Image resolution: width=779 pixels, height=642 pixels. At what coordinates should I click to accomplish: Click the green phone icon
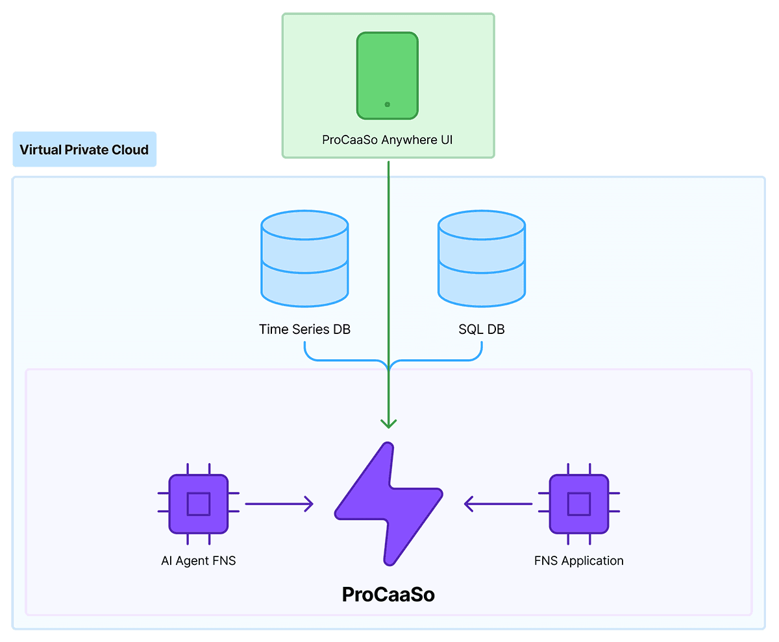(387, 75)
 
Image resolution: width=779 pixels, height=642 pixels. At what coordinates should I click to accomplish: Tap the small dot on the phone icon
(387, 104)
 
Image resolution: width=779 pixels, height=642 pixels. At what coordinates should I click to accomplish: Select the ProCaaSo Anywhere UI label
(388, 139)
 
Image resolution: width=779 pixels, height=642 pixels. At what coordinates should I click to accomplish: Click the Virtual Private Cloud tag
(84, 150)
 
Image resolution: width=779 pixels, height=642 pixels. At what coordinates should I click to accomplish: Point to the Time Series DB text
(304, 329)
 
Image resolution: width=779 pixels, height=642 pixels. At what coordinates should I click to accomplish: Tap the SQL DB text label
(482, 329)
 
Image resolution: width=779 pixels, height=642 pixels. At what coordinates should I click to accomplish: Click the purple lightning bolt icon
(388, 503)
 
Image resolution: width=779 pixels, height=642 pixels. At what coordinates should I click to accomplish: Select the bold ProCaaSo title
(388, 594)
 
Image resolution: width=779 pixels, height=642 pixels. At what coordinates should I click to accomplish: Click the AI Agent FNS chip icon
(198, 504)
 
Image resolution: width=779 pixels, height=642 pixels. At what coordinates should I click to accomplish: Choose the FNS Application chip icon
(578, 504)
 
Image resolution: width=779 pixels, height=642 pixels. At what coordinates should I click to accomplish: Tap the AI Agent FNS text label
(198, 561)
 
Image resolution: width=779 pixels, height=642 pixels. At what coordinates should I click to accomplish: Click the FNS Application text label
(578, 561)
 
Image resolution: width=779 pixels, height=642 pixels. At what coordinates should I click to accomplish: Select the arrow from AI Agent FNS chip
(279, 503)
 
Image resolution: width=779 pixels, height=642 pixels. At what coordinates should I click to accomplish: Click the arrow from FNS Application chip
(498, 503)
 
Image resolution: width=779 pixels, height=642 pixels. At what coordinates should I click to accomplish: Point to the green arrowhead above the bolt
(388, 423)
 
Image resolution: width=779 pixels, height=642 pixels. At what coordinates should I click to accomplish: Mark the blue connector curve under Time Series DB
(338, 359)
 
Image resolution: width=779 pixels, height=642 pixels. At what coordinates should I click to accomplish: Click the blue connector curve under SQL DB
(441, 359)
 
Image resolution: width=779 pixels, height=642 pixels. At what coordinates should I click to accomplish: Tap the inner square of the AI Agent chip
(198, 504)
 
